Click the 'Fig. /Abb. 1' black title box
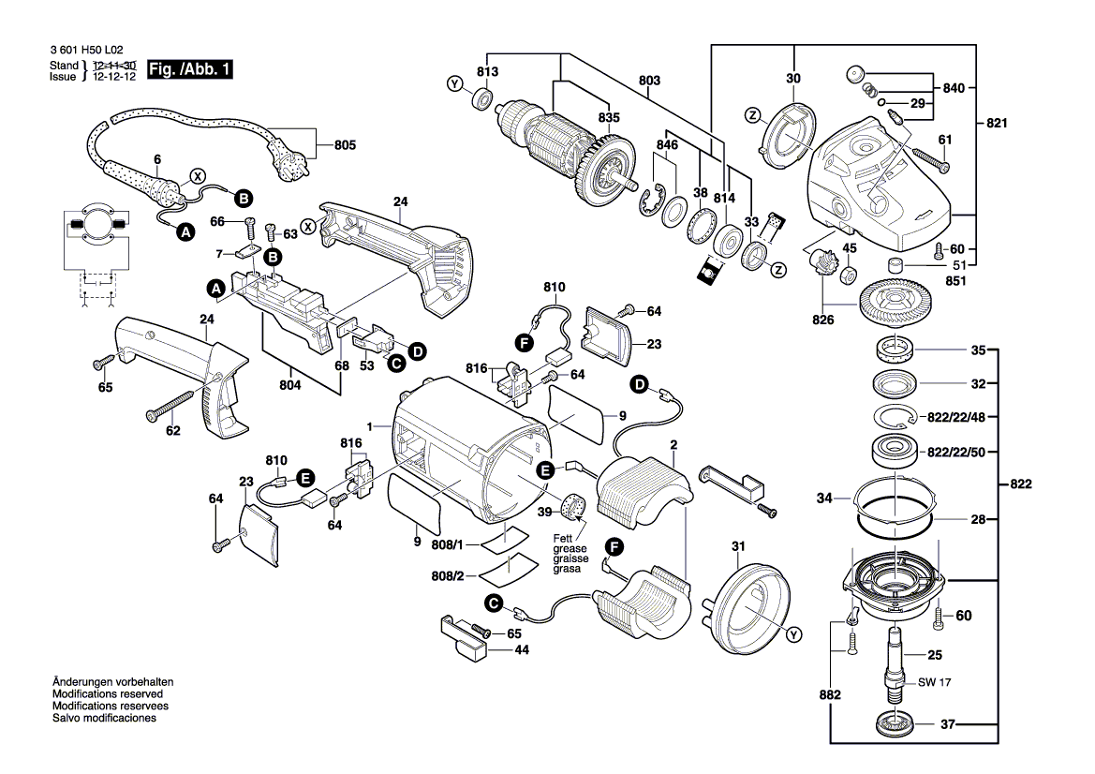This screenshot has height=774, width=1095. [x=189, y=69]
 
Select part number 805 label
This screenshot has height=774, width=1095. [x=345, y=145]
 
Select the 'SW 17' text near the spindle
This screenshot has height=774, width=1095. [x=935, y=682]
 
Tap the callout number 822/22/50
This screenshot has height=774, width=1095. [x=956, y=453]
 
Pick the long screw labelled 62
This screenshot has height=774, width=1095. [x=170, y=406]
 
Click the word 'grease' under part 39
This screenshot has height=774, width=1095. [x=570, y=549]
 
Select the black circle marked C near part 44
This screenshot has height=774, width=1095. [x=494, y=603]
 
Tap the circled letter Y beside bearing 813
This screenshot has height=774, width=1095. [x=454, y=84]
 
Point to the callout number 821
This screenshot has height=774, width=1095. [x=997, y=123]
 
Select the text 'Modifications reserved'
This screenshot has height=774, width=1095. [x=108, y=694]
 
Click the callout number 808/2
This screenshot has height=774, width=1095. [x=448, y=576]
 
